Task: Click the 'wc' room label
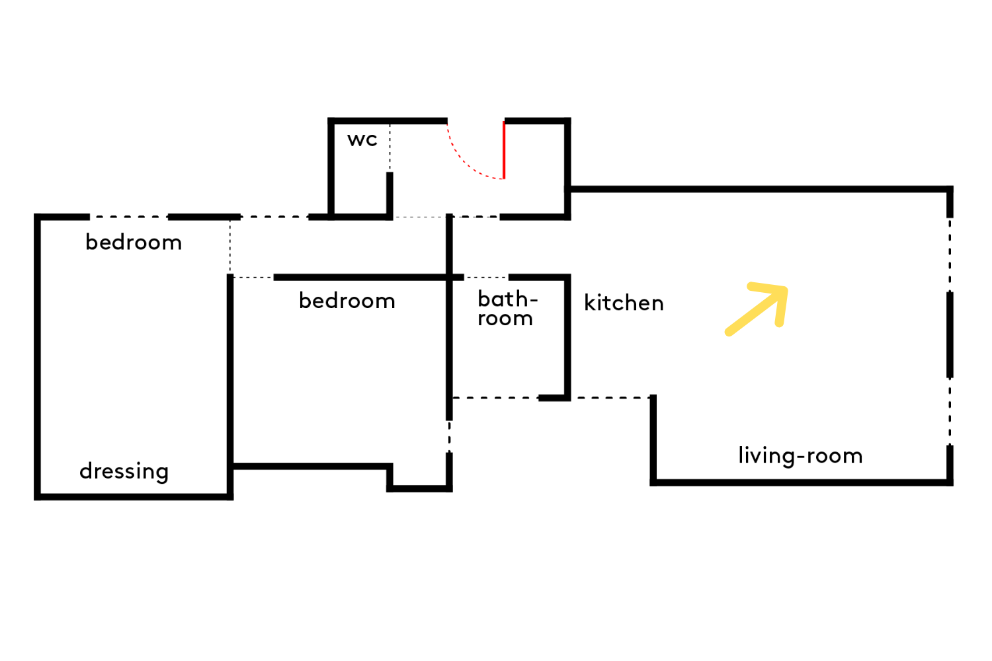[362, 139]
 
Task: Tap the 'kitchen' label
[624, 303]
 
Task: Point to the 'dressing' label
[124, 472]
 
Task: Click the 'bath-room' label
[507, 308]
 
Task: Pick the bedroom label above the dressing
[134, 242]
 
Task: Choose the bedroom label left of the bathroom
[347, 301]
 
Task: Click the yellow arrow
[757, 309]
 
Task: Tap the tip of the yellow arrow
[786, 289]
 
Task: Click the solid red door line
[504, 149]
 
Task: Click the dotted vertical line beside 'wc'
[390, 148]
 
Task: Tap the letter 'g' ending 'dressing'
[162, 474]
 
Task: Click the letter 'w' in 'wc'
[356, 140]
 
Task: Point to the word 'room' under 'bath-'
[505, 319]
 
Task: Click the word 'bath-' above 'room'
[508, 299]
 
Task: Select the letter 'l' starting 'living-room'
[741, 455]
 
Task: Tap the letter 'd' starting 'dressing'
[85, 470]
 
